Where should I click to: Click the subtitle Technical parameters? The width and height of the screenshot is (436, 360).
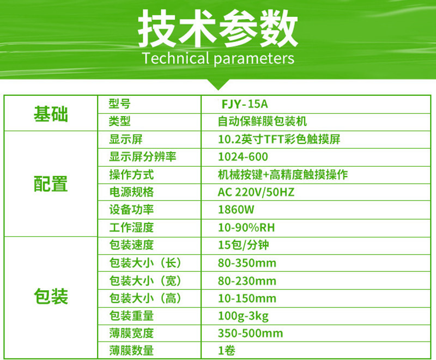pyautogui.click(x=218, y=58)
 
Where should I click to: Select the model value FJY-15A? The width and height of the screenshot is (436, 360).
pyautogui.click(x=245, y=103)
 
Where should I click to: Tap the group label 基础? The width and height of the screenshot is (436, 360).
pyautogui.click(x=51, y=114)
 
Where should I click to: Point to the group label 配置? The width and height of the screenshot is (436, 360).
pyautogui.click(x=51, y=184)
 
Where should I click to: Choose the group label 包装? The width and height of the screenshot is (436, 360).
pyautogui.click(x=51, y=297)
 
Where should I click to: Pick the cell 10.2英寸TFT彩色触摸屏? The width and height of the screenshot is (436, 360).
pyautogui.click(x=278, y=139)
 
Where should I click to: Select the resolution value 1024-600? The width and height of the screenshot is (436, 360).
pyautogui.click(x=243, y=157)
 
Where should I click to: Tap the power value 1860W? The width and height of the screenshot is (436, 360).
pyautogui.click(x=236, y=210)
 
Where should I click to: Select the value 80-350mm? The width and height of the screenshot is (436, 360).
pyautogui.click(x=246, y=263)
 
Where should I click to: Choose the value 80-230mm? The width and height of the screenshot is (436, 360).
pyautogui.click(x=246, y=281)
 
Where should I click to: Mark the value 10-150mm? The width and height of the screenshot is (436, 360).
pyautogui.click(x=246, y=298)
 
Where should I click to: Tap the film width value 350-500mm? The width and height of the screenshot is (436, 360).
pyautogui.click(x=250, y=333)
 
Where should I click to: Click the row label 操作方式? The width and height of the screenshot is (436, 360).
pyautogui.click(x=131, y=175)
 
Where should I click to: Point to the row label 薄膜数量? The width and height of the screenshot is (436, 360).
pyautogui.click(x=131, y=351)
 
